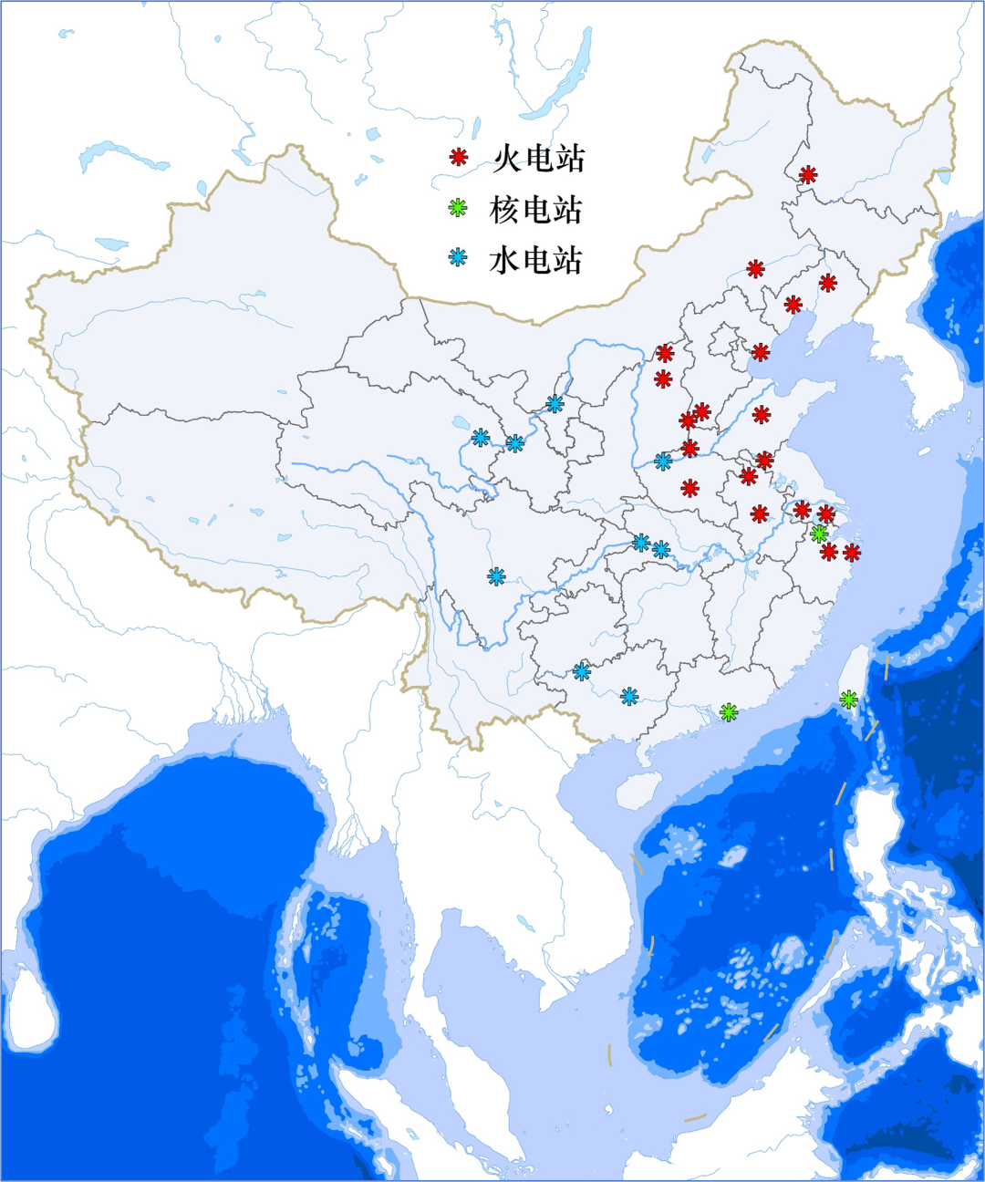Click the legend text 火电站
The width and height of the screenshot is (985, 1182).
[538, 159]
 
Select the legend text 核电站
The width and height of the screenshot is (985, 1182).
[536, 210]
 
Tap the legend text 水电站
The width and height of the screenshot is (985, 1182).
[536, 260]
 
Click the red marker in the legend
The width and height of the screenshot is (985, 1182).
[459, 158]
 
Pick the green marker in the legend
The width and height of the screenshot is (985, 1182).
[458, 208]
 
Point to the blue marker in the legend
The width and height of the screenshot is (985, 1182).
[458, 257]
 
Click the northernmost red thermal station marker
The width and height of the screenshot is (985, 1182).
[808, 175]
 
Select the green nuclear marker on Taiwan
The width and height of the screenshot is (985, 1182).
[849, 700]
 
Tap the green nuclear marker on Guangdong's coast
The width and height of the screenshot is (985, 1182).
[728, 712]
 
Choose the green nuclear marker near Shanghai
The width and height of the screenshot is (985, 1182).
[819, 534]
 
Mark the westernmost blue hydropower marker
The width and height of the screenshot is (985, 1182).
[481, 438]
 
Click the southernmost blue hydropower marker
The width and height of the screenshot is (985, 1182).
[629, 697]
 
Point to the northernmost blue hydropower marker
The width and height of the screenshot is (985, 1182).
[555, 403]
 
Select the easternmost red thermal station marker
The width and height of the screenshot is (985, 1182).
[852, 552]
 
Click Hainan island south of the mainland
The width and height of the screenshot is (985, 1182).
[636, 790]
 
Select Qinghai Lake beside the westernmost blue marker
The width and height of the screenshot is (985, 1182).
[459, 423]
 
